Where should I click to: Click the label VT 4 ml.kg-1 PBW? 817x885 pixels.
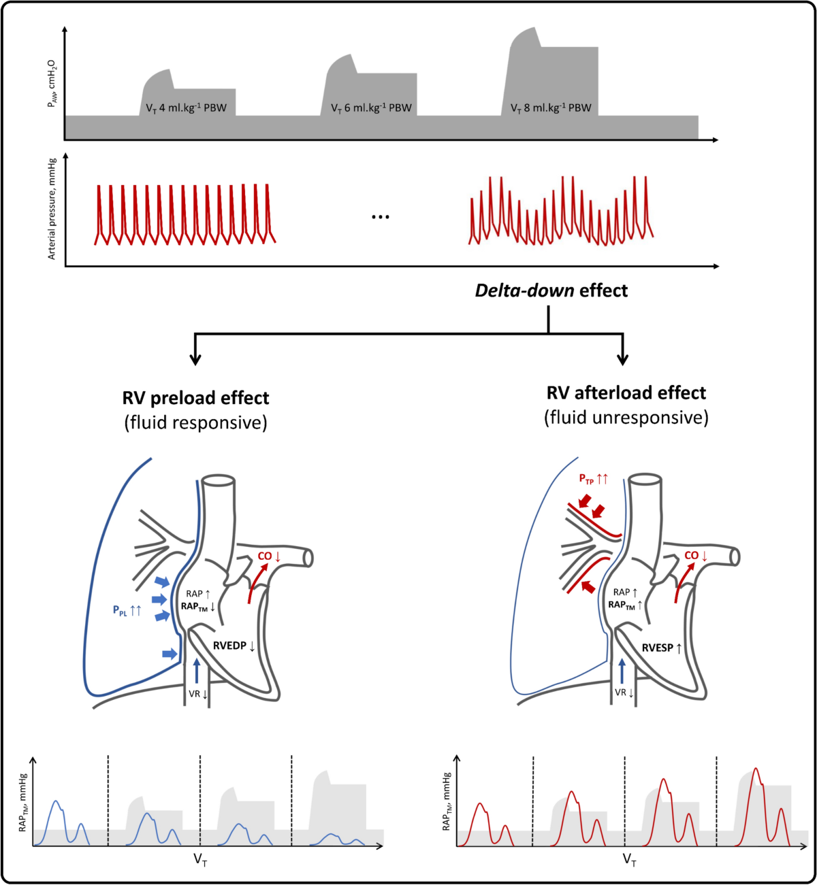coord(186,108)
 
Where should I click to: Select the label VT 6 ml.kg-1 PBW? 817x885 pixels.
coord(371,108)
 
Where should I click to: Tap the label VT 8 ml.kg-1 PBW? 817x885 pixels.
coord(551,108)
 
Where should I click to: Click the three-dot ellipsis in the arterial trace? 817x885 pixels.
coord(381,217)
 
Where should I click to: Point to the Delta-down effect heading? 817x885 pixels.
coord(551,290)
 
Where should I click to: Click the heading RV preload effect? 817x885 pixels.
coord(195,398)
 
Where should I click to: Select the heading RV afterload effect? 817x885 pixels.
coord(626,393)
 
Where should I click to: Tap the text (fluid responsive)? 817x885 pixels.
coord(195,422)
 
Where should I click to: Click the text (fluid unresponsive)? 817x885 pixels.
coord(626,418)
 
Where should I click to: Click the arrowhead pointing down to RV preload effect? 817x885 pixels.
coord(195,360)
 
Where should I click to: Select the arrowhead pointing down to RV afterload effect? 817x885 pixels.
coord(622,360)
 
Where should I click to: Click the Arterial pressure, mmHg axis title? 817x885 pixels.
coord(52,209)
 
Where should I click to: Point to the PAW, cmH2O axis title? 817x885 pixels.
coord(52,84)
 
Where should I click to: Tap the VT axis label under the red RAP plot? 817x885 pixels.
coord(629,860)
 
